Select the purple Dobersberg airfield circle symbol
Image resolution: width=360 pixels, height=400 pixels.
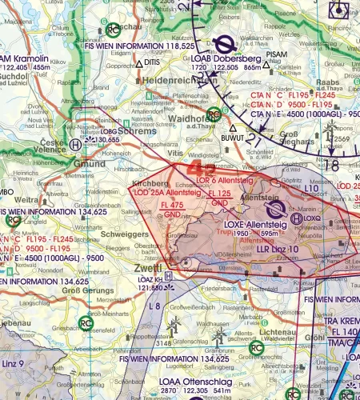pyautogui.click(x=226, y=45)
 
